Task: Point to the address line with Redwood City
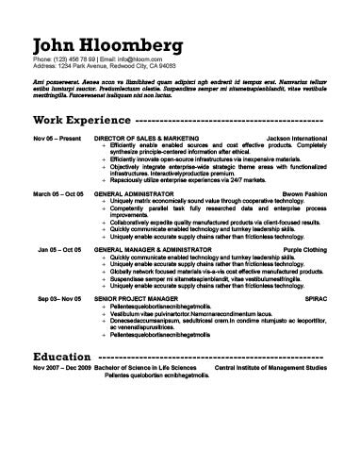pos(104,67)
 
